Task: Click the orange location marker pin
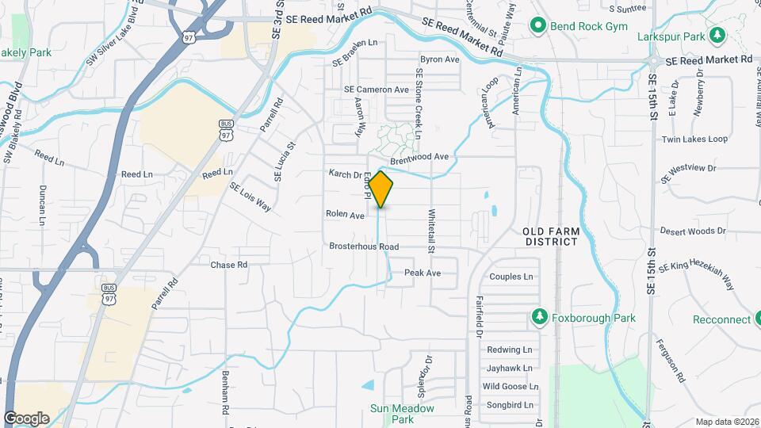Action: tap(381, 189)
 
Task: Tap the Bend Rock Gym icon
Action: tap(538, 26)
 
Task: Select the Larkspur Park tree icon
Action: tap(717, 35)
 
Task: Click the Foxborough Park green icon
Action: tap(539, 317)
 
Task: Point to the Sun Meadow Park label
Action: tap(403, 414)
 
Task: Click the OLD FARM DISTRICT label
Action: tap(551, 236)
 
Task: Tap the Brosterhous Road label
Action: tap(364, 246)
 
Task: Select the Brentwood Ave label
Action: tap(419, 157)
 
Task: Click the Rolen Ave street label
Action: tap(345, 215)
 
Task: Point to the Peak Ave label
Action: tap(423, 273)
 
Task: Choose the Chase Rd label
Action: tap(229, 265)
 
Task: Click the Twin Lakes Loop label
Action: tap(694, 139)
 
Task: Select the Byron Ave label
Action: tap(440, 59)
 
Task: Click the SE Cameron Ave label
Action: tap(377, 90)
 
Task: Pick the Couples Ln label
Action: tap(511, 277)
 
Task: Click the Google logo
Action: tap(26, 418)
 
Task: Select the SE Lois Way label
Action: tap(250, 197)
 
